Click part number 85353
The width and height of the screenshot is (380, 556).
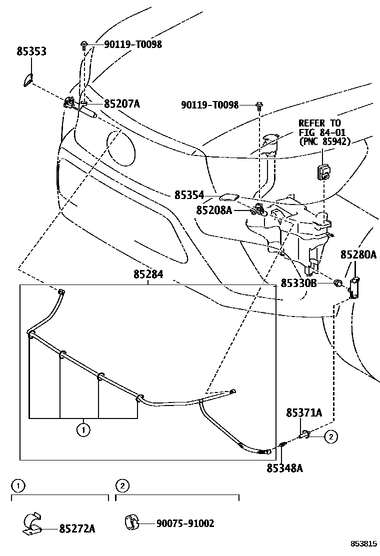pyautogui.click(x=31, y=51)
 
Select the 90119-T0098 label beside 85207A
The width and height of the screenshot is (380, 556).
pyautogui.click(x=133, y=44)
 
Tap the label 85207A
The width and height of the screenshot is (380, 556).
pyautogui.click(x=121, y=104)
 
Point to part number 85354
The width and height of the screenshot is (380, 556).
pyautogui.click(x=189, y=195)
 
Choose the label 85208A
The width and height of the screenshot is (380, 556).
pyautogui.click(x=214, y=211)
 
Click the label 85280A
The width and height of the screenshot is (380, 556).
pyautogui.click(x=358, y=255)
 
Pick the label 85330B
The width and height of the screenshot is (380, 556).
pyautogui.click(x=298, y=283)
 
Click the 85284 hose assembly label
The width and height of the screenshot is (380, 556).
pyautogui.click(x=148, y=274)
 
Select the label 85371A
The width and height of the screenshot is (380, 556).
pyautogui.click(x=303, y=413)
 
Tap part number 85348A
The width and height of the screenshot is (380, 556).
pyautogui.click(x=284, y=468)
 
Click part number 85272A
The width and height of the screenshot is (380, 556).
pyautogui.click(x=77, y=528)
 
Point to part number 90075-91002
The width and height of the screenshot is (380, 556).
pyautogui.click(x=185, y=523)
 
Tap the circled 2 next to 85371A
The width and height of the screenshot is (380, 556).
pyautogui.click(x=330, y=437)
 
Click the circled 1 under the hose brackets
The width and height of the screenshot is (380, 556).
pyautogui.click(x=83, y=428)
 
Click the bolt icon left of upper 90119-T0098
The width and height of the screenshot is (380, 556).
pyautogui.click(x=83, y=45)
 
